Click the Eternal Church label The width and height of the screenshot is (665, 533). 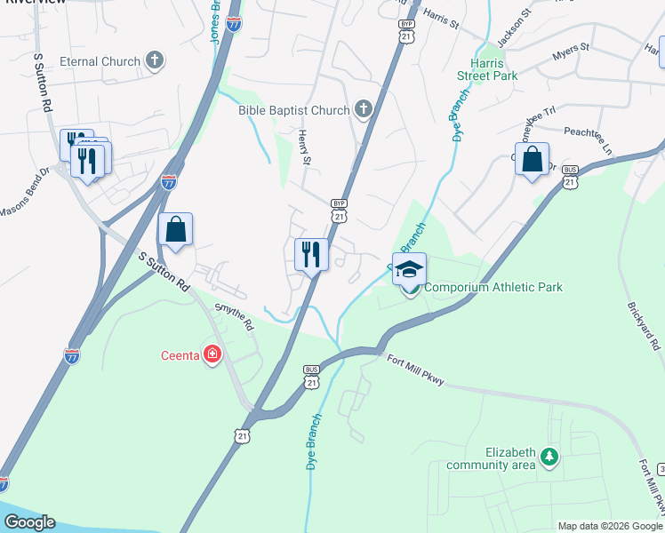pos(100,61)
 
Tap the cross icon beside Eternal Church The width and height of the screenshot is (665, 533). pos(155,60)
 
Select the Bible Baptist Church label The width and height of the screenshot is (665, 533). pos(293,110)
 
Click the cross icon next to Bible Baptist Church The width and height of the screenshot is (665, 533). pos(363,110)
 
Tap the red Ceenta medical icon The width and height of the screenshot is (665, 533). pos(212,356)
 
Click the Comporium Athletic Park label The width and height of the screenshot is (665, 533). pos(493,287)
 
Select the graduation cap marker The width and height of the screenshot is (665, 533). pos(410,270)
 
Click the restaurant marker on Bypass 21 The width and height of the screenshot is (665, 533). pos(311,255)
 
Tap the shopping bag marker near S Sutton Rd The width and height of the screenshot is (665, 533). pos(176,230)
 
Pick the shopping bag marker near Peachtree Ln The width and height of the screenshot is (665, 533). pos(532,160)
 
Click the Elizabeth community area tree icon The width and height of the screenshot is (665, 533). pos(550,457)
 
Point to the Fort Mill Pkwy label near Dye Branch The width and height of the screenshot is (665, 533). pos(416,371)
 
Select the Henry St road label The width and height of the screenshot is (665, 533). pos(304,147)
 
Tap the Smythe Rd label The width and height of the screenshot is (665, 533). pos(234,317)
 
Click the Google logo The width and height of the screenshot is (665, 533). pos(29,522)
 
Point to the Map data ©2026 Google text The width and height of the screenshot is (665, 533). pos(609,526)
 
